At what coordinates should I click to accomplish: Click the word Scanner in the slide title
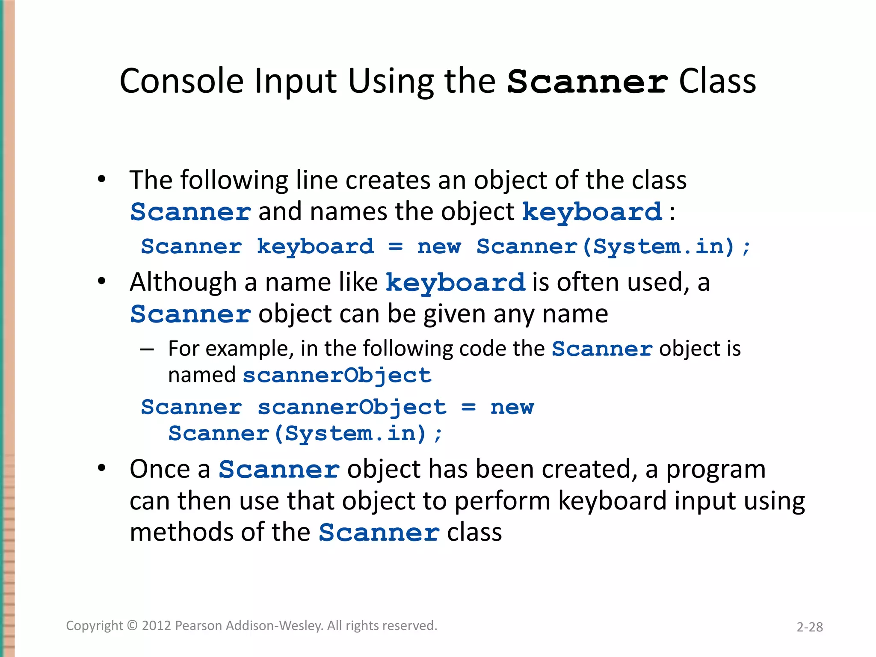(x=587, y=82)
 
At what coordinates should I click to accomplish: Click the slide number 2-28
(x=809, y=627)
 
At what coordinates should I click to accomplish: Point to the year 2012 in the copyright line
(x=157, y=625)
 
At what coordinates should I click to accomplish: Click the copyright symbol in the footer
(x=133, y=625)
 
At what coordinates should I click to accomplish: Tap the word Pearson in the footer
(x=199, y=625)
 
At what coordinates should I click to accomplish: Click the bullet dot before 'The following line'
(x=101, y=179)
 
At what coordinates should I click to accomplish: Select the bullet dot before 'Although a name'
(x=101, y=281)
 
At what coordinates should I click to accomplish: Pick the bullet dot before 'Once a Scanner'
(x=101, y=468)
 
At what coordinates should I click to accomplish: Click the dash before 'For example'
(x=147, y=349)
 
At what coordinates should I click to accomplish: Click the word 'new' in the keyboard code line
(x=439, y=247)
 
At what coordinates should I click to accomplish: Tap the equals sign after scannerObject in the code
(x=468, y=407)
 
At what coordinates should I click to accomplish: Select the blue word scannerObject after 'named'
(x=337, y=376)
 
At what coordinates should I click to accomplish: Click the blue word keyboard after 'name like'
(x=455, y=283)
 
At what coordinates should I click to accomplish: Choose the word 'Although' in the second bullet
(x=183, y=283)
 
